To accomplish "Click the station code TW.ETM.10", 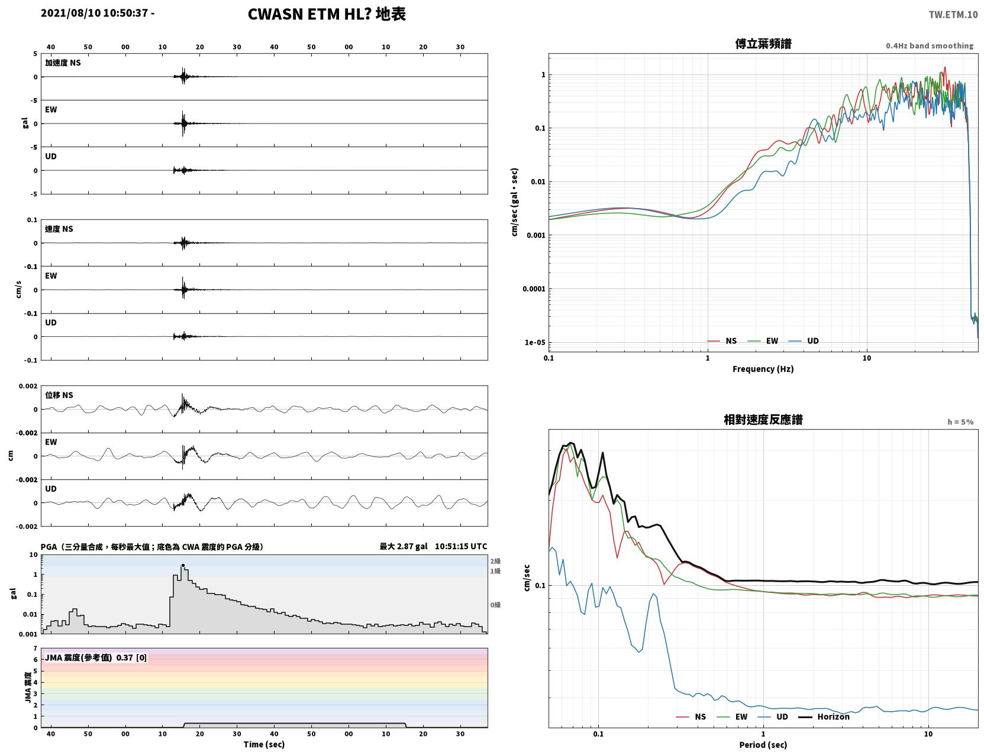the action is [x=953, y=14].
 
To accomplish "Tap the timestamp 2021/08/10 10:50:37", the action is [x=94, y=12].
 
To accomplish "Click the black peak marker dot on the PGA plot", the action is [x=183, y=565].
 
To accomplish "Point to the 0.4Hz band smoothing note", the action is [x=929, y=46].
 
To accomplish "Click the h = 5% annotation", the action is [x=960, y=422].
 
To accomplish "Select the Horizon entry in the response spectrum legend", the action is [x=824, y=716].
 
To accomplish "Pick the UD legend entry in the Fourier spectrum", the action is [x=804, y=341].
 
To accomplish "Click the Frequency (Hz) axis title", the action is [x=763, y=369].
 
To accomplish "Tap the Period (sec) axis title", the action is [x=763, y=745].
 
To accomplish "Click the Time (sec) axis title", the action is [x=264, y=744].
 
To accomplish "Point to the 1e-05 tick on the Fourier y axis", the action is [x=534, y=342].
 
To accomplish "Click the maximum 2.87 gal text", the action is [x=403, y=546].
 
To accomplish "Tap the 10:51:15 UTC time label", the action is [x=461, y=546].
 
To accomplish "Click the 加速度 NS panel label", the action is [x=63, y=63].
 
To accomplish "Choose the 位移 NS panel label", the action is [x=59, y=395].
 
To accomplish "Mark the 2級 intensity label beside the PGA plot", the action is [x=495, y=561].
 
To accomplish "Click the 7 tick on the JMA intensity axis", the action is [x=36, y=648].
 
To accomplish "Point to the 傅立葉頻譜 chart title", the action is [x=763, y=44].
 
